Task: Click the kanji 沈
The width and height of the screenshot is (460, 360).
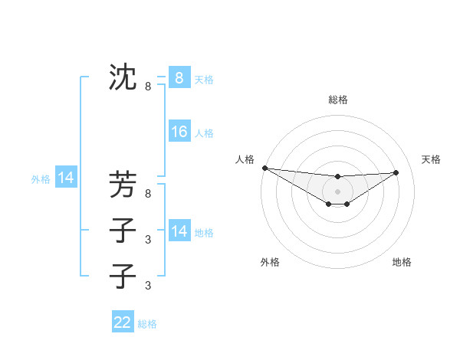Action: point(123,77)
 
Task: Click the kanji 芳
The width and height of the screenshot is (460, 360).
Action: point(123,185)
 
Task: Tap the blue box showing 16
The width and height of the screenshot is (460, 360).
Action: point(179,132)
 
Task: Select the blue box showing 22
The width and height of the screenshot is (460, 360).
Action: point(123,322)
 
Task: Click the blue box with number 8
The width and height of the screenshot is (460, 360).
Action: point(179,77)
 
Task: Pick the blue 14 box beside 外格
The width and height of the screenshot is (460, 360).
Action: point(66,178)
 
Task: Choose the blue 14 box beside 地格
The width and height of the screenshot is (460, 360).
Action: point(179,231)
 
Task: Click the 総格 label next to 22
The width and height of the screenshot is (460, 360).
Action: point(147,324)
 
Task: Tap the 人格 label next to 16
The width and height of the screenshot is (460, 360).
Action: point(204,133)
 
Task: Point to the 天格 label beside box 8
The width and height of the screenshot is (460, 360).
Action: point(204,79)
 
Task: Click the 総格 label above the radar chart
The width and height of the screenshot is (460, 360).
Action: point(337,100)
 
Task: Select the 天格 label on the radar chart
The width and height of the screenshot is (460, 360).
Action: point(431,159)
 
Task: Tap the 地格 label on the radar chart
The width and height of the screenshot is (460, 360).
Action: point(402,262)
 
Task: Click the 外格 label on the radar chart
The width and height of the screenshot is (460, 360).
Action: point(270,262)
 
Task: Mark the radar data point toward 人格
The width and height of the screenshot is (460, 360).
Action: point(264,168)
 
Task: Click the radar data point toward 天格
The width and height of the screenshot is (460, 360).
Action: point(396,172)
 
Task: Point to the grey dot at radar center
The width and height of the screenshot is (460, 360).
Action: point(337,191)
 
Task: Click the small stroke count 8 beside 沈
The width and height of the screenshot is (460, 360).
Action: point(148,87)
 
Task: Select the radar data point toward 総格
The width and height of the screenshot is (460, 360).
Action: point(337,177)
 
